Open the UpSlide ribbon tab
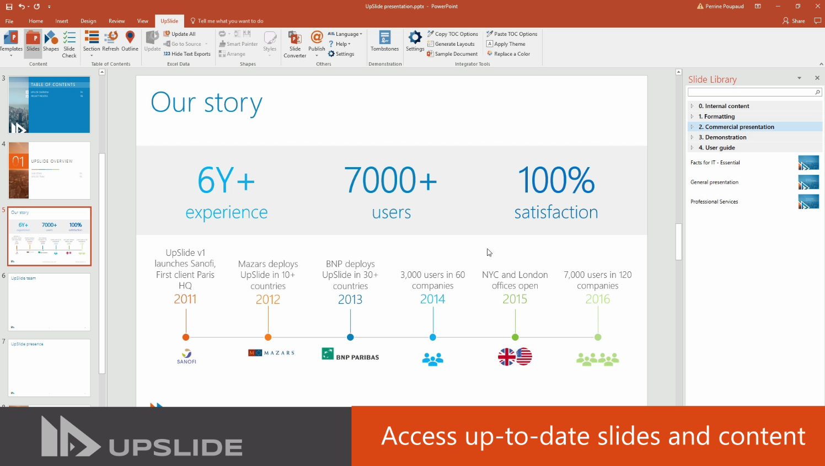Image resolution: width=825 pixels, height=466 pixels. tap(169, 21)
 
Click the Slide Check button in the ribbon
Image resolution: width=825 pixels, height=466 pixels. tap(69, 44)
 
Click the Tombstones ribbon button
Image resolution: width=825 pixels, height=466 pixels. tap(384, 42)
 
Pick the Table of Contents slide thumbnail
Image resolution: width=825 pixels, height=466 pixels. tap(49, 105)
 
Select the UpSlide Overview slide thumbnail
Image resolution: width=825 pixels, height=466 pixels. tap(49, 170)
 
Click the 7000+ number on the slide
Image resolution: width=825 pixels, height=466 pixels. tap(390, 180)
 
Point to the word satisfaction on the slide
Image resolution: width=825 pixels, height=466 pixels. tap(556, 212)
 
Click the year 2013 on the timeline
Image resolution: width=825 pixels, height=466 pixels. tap(350, 299)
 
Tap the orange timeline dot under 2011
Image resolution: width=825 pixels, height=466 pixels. tap(186, 337)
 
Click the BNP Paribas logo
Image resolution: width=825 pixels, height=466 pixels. tap(350, 355)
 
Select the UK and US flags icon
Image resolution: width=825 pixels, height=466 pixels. tap(515, 357)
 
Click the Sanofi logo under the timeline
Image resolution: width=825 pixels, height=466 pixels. tap(186, 356)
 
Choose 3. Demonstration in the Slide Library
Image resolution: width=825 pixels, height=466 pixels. tap(725, 137)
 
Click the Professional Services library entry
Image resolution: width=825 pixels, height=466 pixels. tap(714, 202)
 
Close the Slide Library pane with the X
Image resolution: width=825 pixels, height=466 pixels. tap(817, 78)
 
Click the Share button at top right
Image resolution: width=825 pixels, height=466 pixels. tap(794, 21)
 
